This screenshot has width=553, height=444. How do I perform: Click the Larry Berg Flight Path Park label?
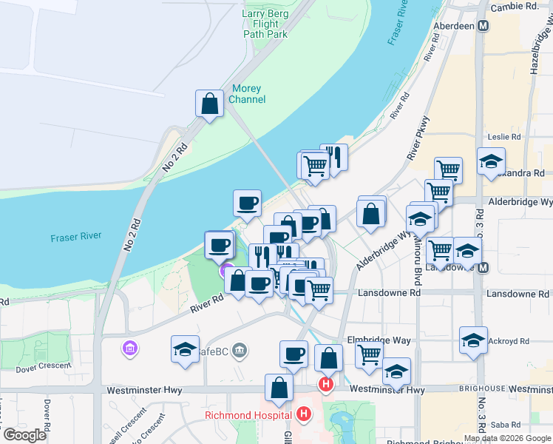265,24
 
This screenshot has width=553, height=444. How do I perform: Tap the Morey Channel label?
245,94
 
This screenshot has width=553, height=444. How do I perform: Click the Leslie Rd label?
505,137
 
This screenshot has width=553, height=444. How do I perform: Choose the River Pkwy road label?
418,141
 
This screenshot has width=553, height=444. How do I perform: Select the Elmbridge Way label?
379,340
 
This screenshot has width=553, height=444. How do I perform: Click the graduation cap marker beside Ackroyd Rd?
473,340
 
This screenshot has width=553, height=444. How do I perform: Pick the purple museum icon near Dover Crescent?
130,347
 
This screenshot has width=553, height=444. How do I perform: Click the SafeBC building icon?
239,350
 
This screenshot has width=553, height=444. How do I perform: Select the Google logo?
25,435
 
